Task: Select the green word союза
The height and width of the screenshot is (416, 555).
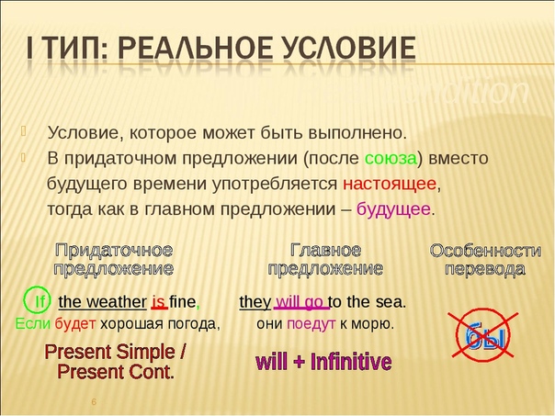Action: tap(391, 159)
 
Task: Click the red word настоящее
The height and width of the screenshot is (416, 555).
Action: tap(390, 185)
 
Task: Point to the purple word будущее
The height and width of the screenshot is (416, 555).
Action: tap(393, 209)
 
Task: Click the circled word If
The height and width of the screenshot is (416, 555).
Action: tap(38, 301)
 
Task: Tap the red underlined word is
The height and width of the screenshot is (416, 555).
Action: tap(159, 302)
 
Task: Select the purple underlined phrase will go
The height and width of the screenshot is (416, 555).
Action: tap(301, 302)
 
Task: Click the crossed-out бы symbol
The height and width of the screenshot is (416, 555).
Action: tap(482, 334)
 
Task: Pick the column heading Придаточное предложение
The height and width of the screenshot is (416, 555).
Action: tap(114, 260)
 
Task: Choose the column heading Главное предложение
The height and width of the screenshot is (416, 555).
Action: tap(325, 260)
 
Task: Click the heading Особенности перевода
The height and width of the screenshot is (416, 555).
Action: tap(485, 260)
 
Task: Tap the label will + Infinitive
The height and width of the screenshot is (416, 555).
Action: tap(323, 362)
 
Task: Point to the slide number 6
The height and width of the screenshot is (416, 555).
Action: tap(94, 401)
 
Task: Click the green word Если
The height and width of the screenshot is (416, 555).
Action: tap(32, 323)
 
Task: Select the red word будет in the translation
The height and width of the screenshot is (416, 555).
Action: tap(75, 323)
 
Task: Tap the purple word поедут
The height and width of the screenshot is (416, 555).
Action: tap(311, 323)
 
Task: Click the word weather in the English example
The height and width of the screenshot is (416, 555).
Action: tap(117, 302)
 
